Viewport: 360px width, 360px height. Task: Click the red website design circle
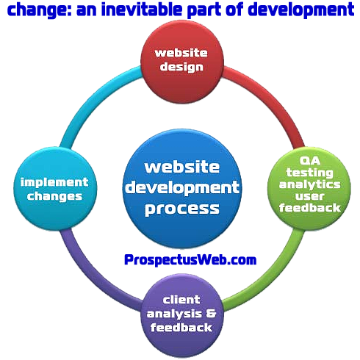coord(182,62)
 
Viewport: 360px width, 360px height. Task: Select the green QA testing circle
coord(309,188)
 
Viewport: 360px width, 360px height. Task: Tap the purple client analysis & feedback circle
coord(182,315)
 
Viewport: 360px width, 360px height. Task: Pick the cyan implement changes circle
coord(55,188)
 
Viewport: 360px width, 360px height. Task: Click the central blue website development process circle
coord(182,188)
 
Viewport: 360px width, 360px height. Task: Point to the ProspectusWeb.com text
coord(190,260)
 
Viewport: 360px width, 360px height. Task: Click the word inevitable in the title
coord(142,10)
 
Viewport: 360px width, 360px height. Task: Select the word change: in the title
coord(40,10)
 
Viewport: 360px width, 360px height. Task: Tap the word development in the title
coord(301,10)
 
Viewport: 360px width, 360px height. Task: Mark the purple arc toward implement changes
coord(92,278)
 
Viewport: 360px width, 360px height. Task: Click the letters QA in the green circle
coord(310,161)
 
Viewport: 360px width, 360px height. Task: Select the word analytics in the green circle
coord(309,185)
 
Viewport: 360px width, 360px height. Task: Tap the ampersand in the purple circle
coord(211,313)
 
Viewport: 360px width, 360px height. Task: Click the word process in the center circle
coord(182,209)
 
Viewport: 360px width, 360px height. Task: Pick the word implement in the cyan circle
coord(54,183)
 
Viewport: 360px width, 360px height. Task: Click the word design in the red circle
coord(181,67)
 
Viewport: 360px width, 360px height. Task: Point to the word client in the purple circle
coord(181,300)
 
